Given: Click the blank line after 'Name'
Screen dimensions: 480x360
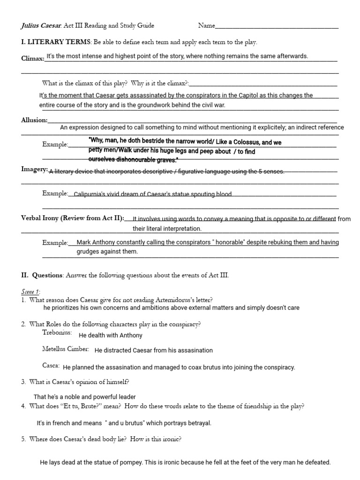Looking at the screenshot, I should click(277, 27).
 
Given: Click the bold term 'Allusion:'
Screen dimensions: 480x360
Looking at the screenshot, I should click(34, 120).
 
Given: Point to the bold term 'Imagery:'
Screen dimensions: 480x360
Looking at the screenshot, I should click(34, 169).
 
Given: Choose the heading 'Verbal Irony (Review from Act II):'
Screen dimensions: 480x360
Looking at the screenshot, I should click(73, 218).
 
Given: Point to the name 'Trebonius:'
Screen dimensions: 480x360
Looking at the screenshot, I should click(57, 333).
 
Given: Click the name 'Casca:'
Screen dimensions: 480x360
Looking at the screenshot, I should click(51, 365).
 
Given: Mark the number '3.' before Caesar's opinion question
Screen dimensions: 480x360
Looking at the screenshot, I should click(23, 382).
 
